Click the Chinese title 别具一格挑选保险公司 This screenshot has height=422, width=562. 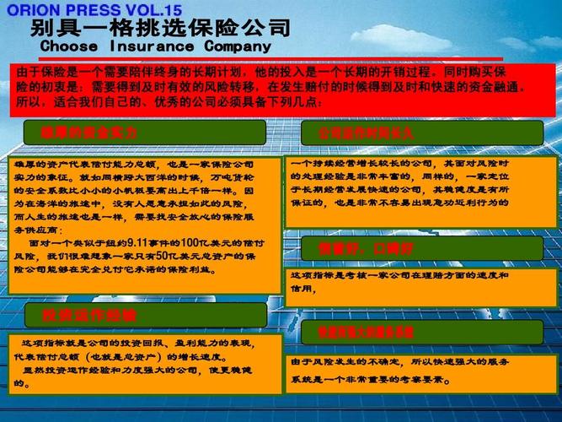(161, 28)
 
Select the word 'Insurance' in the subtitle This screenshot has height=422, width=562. (153, 46)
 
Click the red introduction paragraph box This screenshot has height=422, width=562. (281, 88)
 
